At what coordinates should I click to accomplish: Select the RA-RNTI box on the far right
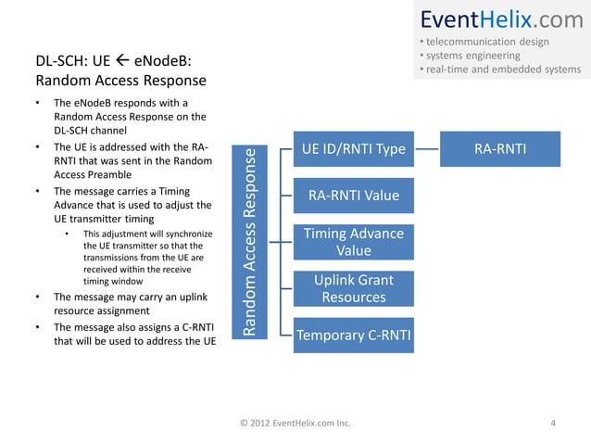click(500, 149)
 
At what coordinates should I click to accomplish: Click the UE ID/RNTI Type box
click(354, 149)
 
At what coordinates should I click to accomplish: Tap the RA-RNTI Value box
click(354, 196)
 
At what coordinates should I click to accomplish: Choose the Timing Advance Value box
click(354, 242)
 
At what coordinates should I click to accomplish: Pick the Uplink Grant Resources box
click(354, 288)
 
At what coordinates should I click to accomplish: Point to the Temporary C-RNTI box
click(354, 335)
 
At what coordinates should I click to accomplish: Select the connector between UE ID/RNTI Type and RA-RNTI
click(427, 149)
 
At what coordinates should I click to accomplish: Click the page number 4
click(553, 424)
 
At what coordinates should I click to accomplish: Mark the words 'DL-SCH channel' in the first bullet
click(91, 130)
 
